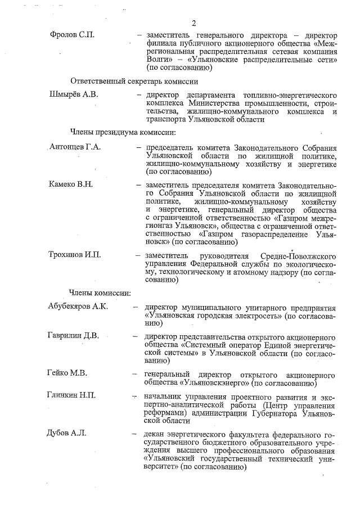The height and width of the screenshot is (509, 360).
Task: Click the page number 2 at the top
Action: click(193, 23)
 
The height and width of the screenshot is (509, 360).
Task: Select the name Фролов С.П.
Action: click(71, 35)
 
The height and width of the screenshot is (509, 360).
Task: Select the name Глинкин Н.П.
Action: click(71, 395)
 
